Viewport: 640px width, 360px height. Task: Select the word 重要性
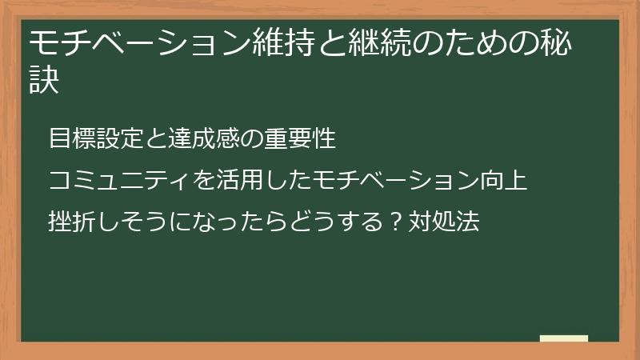point(299,138)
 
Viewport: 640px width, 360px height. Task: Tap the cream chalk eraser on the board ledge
point(563,338)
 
